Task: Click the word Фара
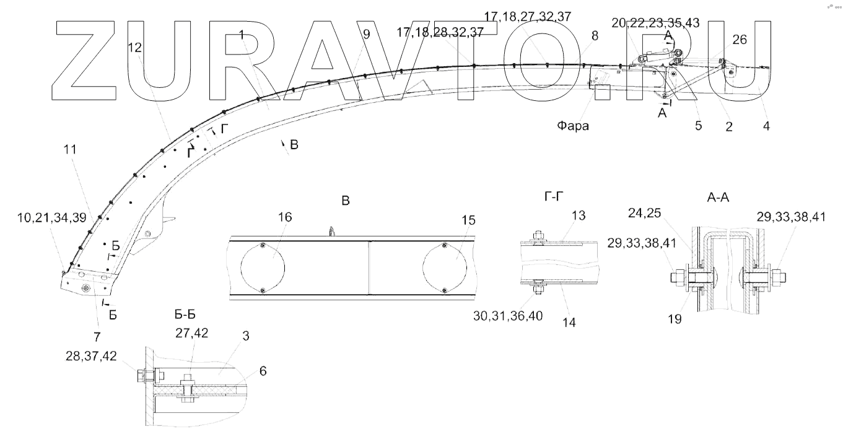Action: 573,126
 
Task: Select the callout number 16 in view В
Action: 285,217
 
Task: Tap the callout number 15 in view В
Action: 468,220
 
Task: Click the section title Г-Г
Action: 554,196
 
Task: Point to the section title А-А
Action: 718,197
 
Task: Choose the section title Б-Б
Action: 185,315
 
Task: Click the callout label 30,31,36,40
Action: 508,316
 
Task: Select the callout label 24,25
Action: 644,213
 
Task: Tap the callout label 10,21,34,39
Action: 51,217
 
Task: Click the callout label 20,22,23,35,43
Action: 655,23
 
